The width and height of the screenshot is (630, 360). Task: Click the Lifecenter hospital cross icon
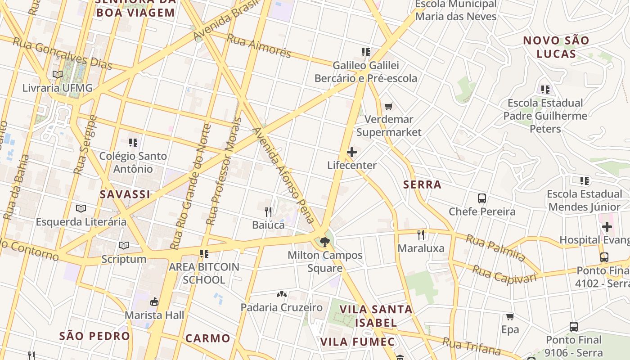tap(352, 152)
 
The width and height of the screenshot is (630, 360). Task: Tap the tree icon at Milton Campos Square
tap(324, 242)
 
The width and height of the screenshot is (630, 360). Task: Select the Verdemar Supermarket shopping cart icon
tap(389, 107)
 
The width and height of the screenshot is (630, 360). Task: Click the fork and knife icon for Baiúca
tap(268, 211)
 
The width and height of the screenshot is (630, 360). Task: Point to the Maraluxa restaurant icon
tap(421, 234)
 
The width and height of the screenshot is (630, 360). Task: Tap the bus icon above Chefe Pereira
tap(482, 198)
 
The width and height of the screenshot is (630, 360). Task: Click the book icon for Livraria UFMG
tap(57, 74)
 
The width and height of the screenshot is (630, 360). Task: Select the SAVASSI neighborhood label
tap(125, 194)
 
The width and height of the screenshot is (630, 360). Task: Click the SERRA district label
tap(422, 184)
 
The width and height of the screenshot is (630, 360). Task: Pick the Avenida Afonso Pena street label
tap(283, 175)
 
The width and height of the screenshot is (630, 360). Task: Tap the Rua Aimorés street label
tap(259, 45)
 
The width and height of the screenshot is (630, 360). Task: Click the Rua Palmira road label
tap(495, 248)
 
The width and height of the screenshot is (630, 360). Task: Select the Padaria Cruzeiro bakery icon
tap(282, 294)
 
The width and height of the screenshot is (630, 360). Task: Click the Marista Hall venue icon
tap(154, 301)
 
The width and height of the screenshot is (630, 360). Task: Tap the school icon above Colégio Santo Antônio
tap(133, 143)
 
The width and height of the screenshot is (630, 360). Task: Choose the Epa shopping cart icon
tap(510, 316)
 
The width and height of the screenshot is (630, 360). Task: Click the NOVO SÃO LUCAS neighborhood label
tap(556, 47)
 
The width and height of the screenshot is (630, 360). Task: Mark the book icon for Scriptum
tap(124, 245)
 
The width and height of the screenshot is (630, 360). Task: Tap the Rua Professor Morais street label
tap(224, 171)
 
